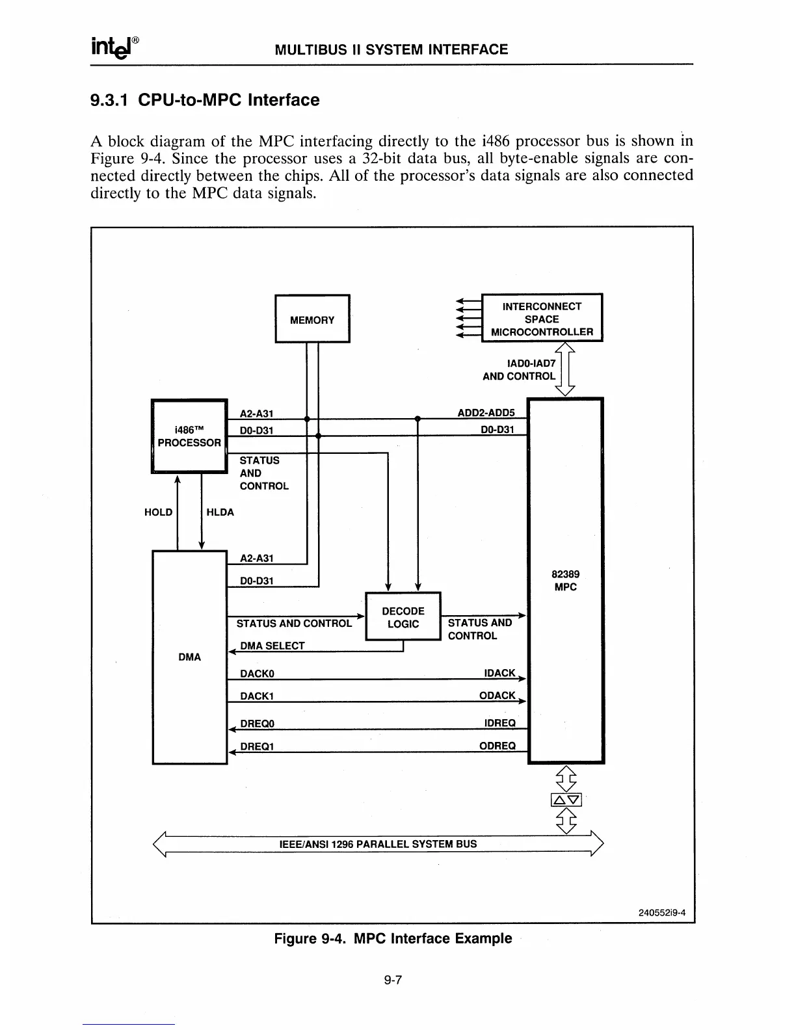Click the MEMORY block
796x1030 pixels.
312,319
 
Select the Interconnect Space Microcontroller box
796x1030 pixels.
542,319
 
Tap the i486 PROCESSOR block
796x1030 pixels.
189,436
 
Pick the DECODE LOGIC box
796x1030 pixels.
403,617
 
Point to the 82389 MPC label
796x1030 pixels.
565,581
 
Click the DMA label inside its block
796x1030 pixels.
189,657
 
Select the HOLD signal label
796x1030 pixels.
158,512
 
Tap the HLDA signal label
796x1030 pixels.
220,512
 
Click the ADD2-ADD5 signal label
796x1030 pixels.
486,412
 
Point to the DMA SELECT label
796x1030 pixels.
272,646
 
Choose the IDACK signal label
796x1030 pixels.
499,673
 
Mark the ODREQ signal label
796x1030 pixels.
497,746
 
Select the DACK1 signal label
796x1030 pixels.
256,696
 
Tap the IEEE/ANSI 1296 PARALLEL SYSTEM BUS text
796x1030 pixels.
378,844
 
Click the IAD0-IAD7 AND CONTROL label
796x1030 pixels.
519,369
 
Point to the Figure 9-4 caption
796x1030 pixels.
393,938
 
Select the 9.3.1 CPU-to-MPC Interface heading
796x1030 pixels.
205,100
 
